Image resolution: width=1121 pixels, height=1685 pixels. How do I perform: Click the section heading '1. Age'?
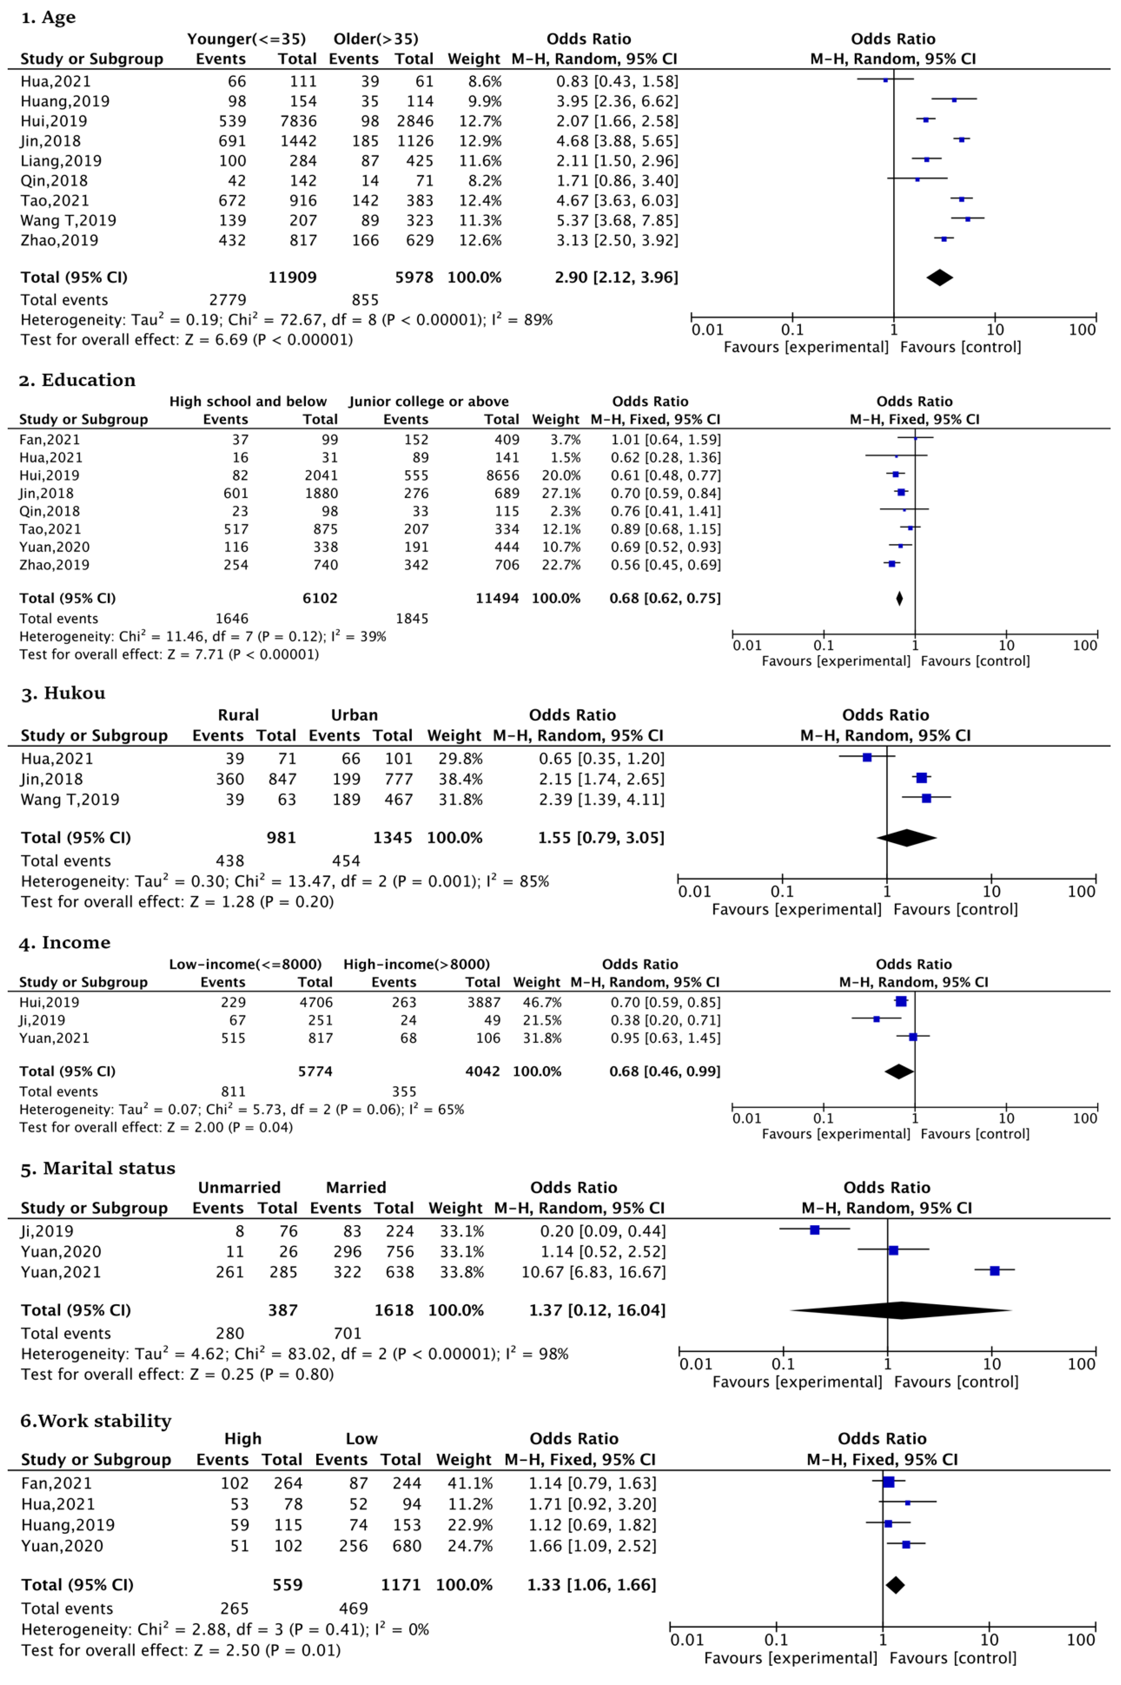(48, 17)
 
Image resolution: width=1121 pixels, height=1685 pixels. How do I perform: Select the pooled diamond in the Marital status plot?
(901, 1310)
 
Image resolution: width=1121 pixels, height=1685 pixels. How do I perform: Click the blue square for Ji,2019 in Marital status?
(814, 1230)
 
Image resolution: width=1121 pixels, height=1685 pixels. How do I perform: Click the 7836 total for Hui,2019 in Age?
(297, 121)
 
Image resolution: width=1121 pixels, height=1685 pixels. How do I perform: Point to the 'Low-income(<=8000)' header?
(245, 964)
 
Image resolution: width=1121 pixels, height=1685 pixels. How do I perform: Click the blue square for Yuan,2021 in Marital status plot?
(995, 1270)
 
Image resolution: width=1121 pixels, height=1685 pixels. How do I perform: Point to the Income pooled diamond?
(899, 1071)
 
